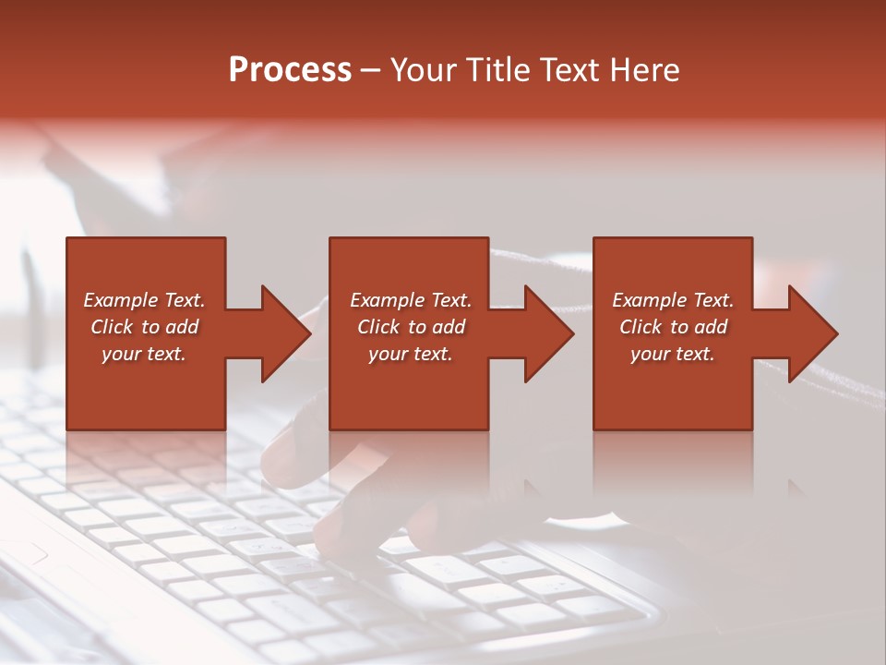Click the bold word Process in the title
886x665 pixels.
pyautogui.click(x=290, y=70)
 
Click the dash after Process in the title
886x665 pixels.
pyautogui.click(x=371, y=71)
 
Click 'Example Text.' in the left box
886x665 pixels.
pyautogui.click(x=144, y=300)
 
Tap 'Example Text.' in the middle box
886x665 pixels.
pyautogui.click(x=411, y=300)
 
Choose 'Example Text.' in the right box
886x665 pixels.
pyautogui.click(x=673, y=300)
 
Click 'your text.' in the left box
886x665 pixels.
pyautogui.click(x=144, y=354)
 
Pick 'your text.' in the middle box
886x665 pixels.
pyautogui.click(x=411, y=354)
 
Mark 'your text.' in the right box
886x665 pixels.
pyautogui.click(x=673, y=354)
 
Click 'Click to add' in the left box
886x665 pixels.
pyautogui.click(x=144, y=327)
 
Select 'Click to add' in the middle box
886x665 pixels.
pyautogui.click(x=411, y=327)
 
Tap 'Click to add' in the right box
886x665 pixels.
pyautogui.click(x=673, y=327)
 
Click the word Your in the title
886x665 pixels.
pyautogui.click(x=422, y=70)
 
